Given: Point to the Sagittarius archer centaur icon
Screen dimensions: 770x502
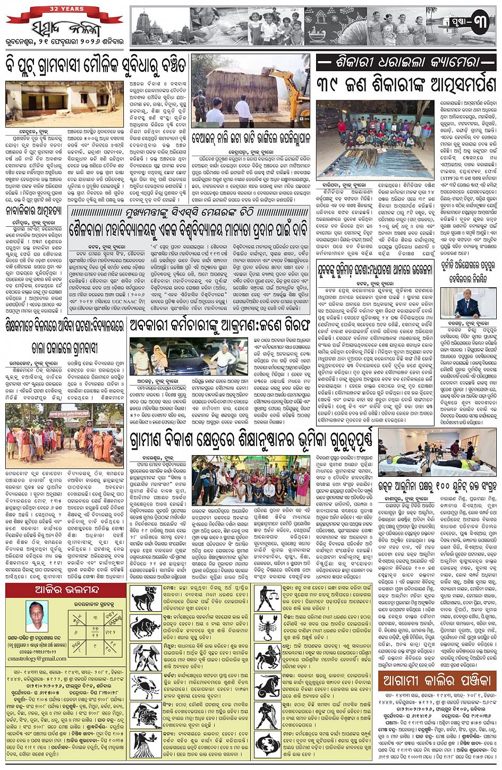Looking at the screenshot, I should (x=268, y=657).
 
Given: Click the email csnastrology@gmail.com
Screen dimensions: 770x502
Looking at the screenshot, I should (x=37, y=658).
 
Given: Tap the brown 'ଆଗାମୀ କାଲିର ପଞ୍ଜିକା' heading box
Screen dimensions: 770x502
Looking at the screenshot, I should (x=437, y=680).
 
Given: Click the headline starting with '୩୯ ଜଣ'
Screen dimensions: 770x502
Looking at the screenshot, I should (x=406, y=84).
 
